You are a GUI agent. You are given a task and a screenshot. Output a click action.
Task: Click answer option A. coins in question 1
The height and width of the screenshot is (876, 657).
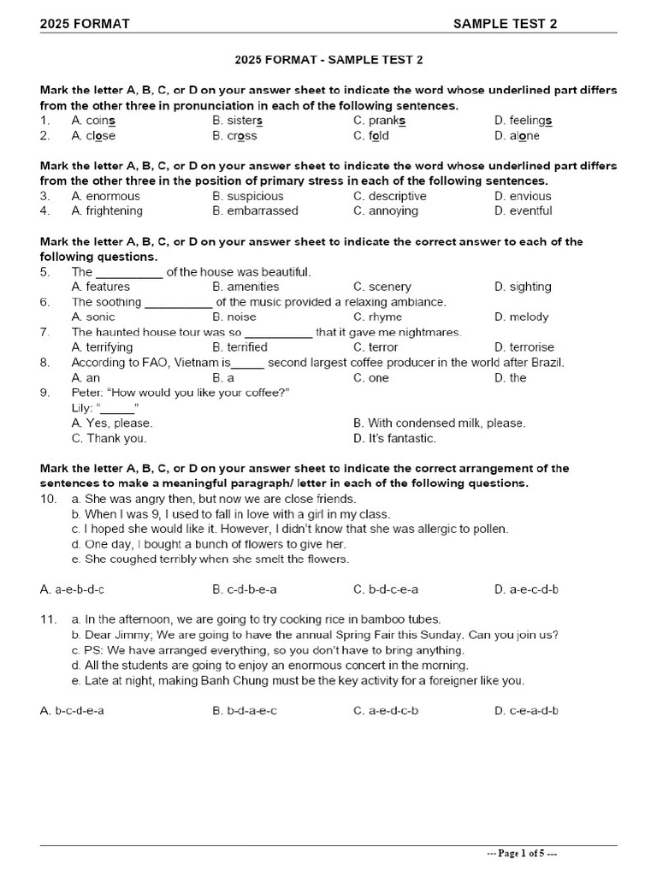pos(93,121)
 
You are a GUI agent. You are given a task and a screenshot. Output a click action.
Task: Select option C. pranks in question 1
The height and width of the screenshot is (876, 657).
pos(379,121)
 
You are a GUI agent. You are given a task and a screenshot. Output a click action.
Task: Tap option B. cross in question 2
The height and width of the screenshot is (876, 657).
pos(234,136)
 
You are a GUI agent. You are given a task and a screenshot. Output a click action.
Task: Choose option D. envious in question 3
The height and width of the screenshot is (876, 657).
pos(523,196)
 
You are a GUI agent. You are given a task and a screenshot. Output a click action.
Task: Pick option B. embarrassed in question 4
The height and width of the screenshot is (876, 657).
pos(255,210)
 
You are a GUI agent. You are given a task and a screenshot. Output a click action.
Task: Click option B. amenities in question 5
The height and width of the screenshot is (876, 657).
pos(246,287)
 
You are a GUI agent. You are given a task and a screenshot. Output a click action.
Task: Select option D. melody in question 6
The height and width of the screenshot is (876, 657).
pos(521,317)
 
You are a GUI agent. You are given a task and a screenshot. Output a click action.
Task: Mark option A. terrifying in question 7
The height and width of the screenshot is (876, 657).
pos(102,347)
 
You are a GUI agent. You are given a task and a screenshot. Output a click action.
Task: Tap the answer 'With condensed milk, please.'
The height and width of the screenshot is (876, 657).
pos(439,423)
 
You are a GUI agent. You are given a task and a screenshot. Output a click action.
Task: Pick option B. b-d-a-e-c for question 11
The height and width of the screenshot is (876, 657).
pos(245,711)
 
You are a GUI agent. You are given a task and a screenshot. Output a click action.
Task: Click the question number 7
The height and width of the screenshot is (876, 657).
pos(44,332)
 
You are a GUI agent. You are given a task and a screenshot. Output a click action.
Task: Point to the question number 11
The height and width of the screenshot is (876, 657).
pos(48,619)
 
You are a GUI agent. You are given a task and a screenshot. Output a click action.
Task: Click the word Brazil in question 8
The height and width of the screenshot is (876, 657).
pos(545,363)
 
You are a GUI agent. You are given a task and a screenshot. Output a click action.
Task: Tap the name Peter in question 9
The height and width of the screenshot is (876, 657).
pos(88,392)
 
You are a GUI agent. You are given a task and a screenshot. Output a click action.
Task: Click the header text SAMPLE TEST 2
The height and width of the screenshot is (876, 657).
pos(505,23)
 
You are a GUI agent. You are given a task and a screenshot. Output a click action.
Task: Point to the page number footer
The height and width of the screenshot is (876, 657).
pos(522,854)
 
